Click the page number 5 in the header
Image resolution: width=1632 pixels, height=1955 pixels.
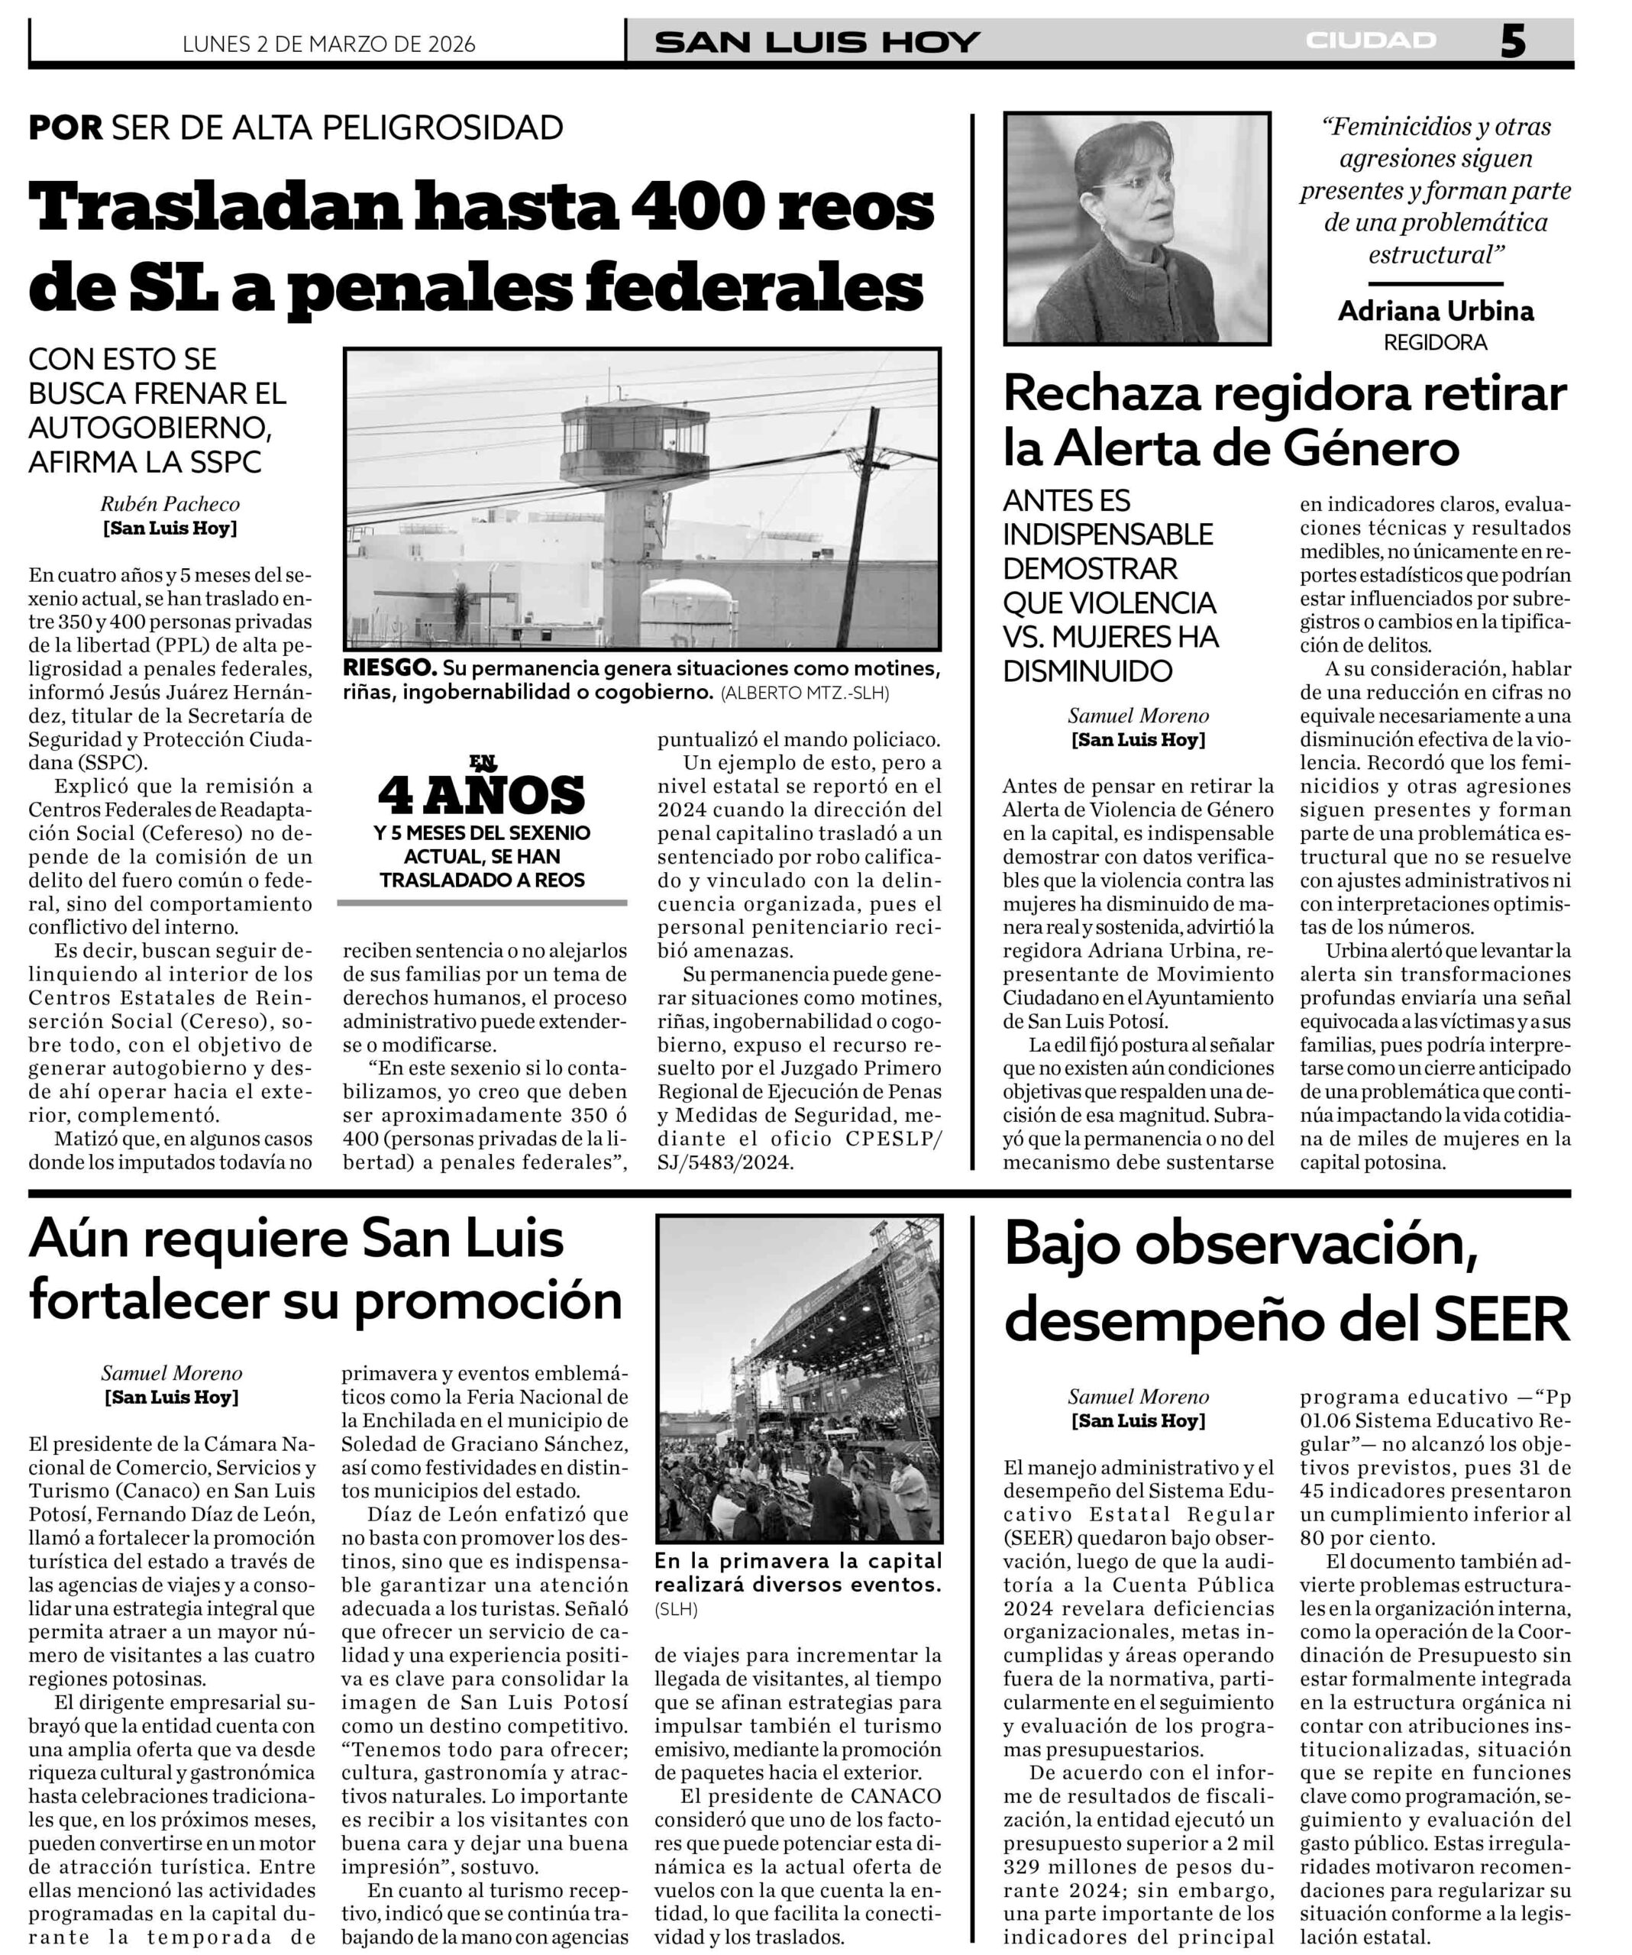[1512, 42]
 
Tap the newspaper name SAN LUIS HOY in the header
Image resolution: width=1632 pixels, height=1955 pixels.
[816, 43]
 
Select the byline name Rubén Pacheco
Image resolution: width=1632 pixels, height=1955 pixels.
[170, 504]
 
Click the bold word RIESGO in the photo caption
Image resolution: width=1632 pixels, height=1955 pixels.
[389, 668]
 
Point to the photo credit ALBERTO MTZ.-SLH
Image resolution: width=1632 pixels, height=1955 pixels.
[804, 693]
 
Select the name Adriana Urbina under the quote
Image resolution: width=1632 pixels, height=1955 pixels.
[1435, 311]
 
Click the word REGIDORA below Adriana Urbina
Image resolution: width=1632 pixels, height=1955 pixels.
[1435, 343]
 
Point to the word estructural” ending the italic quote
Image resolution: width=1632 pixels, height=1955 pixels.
[1436, 254]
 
